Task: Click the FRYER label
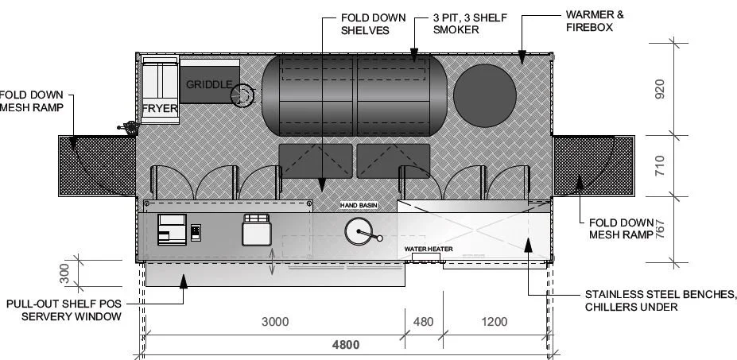pos(160,109)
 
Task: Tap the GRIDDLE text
pos(208,84)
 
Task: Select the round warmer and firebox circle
pos(483,89)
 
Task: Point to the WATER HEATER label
pos(429,249)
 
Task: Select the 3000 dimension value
pos(275,322)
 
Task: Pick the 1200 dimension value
pos(495,322)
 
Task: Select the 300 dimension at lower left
pos(66,273)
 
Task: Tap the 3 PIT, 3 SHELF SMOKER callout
pos(467,23)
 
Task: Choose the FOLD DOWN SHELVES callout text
pos(373,23)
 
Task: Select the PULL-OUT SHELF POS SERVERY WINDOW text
pos(63,310)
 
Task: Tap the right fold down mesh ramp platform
pos(592,165)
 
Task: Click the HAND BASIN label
pos(359,205)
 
